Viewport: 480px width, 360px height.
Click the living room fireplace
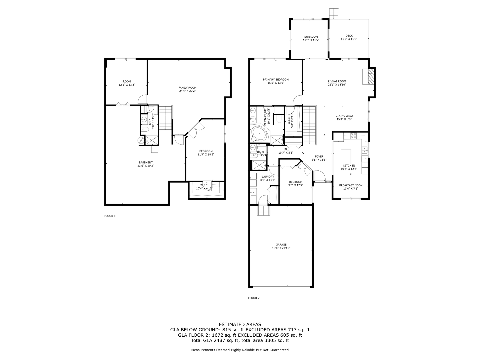[x=369, y=76]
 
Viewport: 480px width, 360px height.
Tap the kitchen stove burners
[x=353, y=136]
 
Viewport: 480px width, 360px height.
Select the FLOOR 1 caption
[x=110, y=216]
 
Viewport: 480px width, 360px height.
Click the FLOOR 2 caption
[x=254, y=298]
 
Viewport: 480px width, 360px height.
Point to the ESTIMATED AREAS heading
[x=240, y=324]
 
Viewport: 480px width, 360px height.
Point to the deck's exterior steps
[x=334, y=13]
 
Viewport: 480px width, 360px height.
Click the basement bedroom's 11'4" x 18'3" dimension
[x=206, y=154]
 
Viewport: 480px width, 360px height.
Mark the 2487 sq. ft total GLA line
[x=240, y=340]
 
